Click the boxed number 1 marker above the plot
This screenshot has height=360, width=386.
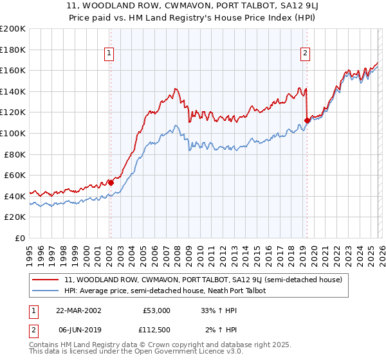pyautogui.click(x=110, y=54)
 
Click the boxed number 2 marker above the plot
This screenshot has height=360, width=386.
pyautogui.click(x=305, y=54)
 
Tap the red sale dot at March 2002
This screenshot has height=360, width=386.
pyautogui.click(x=111, y=183)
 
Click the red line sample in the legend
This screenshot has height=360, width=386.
pyautogui.click(x=46, y=280)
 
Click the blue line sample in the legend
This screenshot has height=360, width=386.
pyautogui.click(x=46, y=291)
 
